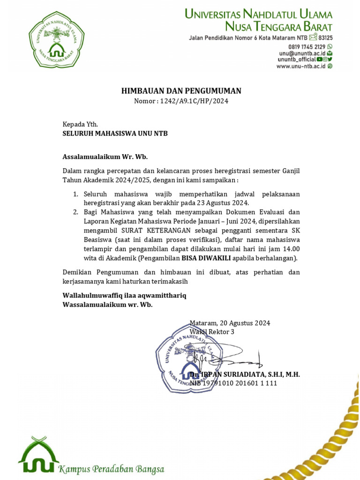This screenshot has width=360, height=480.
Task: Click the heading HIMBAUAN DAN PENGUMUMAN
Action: [181, 91]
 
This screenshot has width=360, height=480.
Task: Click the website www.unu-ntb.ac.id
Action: [301, 66]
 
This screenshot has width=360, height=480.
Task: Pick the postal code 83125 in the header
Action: [326, 37]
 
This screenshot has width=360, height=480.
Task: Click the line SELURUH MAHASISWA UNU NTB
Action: [115, 134]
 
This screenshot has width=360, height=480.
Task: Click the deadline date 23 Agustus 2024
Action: [218, 203]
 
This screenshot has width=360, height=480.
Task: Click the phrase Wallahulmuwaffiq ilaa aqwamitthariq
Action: [125, 295]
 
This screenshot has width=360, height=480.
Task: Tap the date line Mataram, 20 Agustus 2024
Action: [230, 323]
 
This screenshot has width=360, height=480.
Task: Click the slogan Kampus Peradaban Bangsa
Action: [111, 469]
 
